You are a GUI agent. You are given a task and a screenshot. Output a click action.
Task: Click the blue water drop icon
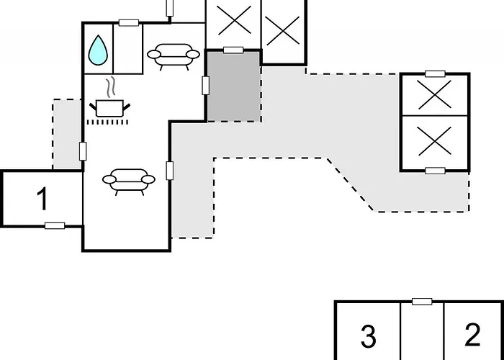[98, 50]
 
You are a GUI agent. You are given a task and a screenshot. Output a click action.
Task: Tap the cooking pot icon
[109, 109]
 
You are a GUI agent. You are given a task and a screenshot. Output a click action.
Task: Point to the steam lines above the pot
[110, 87]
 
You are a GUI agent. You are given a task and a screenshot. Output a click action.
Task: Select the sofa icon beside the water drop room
[174, 57]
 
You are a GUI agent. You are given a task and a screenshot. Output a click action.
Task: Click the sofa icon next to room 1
[129, 181]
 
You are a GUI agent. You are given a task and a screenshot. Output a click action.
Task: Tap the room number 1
[42, 199]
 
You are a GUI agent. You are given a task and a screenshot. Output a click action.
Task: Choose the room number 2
[472, 335]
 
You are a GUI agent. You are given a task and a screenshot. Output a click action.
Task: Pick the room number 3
[369, 336]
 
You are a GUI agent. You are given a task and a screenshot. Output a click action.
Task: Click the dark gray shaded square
[234, 86]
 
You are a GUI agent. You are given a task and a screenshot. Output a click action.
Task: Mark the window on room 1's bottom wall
[55, 225]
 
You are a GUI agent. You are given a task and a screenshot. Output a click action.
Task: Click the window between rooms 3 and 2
[422, 302]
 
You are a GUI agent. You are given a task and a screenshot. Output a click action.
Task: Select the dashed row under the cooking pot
[108, 122]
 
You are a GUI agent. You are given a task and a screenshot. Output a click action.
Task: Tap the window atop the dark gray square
[233, 50]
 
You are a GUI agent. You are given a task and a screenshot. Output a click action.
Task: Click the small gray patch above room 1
[67, 135]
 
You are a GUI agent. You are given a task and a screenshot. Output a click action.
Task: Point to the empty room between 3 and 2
[422, 332]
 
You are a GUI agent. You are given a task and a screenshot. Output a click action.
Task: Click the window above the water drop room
[129, 23]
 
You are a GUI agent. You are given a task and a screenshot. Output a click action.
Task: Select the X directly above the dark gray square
[234, 20]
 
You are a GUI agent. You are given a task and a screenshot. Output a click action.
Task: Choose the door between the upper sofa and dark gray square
[205, 86]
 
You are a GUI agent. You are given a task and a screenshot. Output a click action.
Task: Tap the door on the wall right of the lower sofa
[170, 171]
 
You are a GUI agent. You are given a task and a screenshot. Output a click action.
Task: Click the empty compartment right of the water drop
[128, 50]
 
